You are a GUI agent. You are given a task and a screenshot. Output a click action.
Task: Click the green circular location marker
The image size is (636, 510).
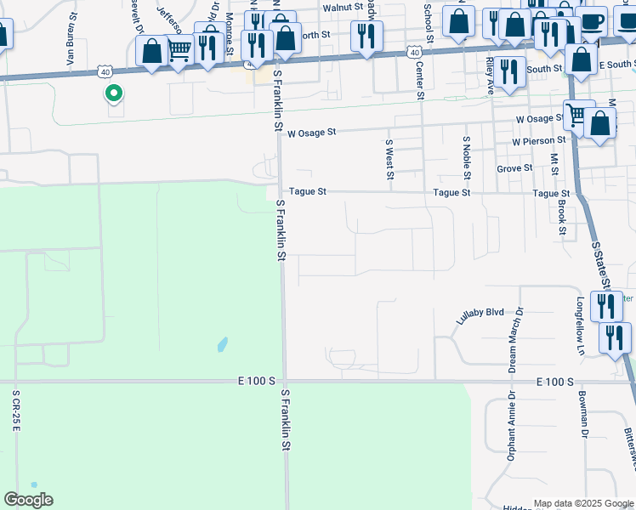(x=112, y=93)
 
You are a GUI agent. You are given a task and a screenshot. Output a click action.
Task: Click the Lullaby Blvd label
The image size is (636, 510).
(x=480, y=314)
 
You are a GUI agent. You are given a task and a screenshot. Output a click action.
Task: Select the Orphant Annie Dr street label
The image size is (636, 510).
(x=512, y=426)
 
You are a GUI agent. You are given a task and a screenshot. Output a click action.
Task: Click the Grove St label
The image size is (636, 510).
(x=514, y=168)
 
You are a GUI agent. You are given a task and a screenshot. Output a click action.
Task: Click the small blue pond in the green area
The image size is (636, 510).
(x=222, y=344)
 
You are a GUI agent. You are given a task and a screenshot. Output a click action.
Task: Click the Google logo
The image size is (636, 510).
(x=29, y=500)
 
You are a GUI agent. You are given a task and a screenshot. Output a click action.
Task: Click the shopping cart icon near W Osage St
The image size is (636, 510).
(x=577, y=114)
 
